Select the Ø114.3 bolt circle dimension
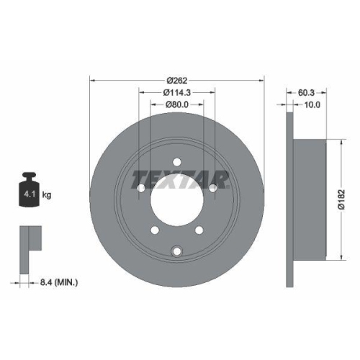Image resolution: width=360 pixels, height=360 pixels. coord(176,92)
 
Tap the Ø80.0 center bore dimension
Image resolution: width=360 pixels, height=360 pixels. coord(176,105)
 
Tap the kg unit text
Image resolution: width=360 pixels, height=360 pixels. coord(48,195)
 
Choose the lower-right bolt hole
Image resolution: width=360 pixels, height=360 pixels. coord(200,230)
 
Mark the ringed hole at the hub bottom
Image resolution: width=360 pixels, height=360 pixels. coord(176,251)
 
